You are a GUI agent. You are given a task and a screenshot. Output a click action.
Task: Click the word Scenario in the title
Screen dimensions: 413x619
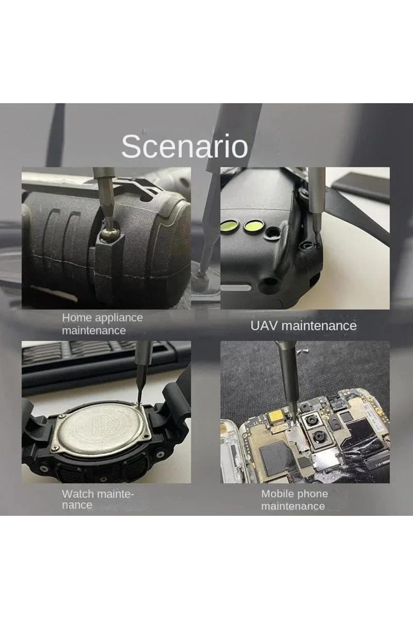point(184,147)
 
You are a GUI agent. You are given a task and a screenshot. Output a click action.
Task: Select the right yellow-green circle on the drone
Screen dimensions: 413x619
point(252,226)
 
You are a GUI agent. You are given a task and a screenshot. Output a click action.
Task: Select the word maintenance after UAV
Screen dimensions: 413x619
point(319,326)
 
